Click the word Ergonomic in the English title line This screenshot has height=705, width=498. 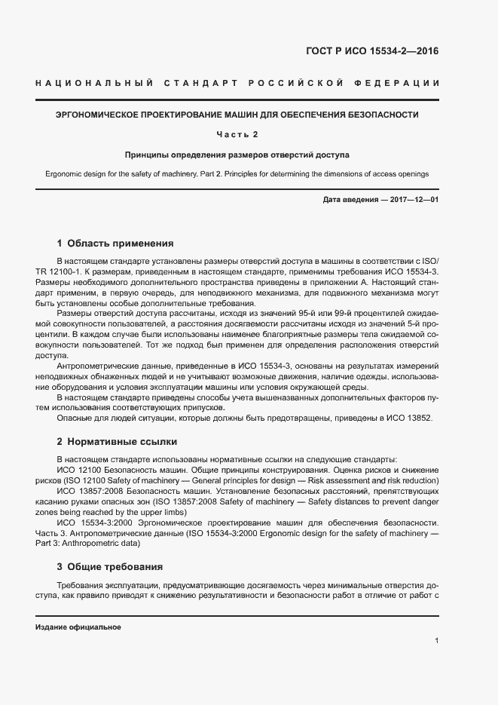pyautogui.click(x=65, y=174)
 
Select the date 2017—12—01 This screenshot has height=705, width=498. pyautogui.click(x=412, y=199)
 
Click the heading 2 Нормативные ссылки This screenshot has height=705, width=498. pyautogui.click(x=117, y=442)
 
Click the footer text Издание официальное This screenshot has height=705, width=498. pyautogui.click(x=78, y=627)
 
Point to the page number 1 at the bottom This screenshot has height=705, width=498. pyautogui.click(x=437, y=641)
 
